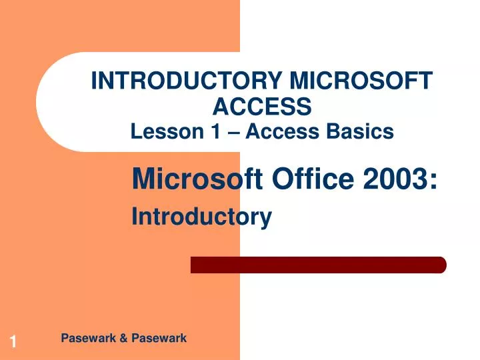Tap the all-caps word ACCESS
[262, 105]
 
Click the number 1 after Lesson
[215, 132]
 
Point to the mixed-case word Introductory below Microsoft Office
[202, 217]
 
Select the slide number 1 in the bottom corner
[12, 343]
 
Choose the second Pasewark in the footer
[159, 339]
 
